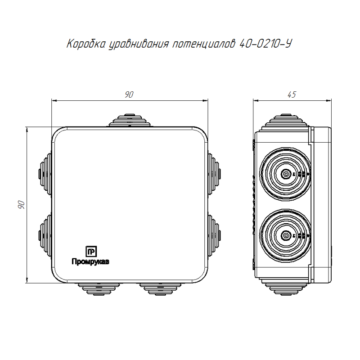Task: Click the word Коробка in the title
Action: click(x=87, y=44)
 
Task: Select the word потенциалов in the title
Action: click(x=204, y=44)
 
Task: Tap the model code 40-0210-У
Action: click(x=265, y=44)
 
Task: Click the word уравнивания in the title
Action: click(x=139, y=44)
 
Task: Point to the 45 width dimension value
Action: click(x=292, y=94)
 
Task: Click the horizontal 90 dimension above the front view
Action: click(x=129, y=94)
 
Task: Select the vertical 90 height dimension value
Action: click(x=21, y=205)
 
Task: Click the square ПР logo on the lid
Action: click(x=91, y=252)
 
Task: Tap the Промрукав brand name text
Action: click(x=90, y=261)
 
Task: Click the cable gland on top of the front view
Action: click(x=130, y=120)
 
